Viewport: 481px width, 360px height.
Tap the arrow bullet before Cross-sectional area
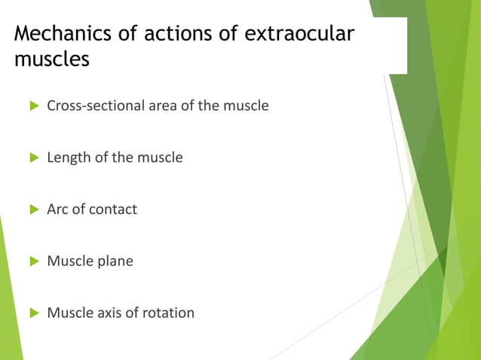pos(33,106)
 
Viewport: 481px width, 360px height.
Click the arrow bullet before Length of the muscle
pos(33,158)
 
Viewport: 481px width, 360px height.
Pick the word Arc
pos(59,209)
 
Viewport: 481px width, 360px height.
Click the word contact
pos(113,209)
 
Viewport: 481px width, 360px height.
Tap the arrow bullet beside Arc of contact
pos(33,210)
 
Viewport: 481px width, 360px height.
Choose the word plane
pos(115,261)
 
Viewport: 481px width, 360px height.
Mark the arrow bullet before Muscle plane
pos(33,262)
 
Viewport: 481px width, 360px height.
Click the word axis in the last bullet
pos(112,312)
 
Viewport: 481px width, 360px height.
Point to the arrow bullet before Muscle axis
pos(33,313)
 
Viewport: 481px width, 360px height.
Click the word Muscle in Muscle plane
pos(70,261)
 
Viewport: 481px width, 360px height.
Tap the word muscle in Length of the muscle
pos(161,157)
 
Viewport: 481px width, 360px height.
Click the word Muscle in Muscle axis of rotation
pos(70,312)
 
